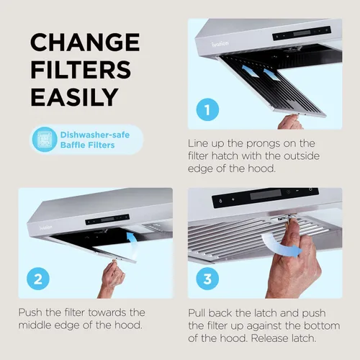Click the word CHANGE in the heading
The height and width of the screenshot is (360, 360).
(85, 42)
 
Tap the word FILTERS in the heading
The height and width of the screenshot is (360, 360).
(81, 70)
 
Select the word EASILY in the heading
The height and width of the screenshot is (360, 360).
(74, 97)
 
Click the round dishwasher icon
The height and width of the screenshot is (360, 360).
(45, 140)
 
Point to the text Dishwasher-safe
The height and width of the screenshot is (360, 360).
(95, 135)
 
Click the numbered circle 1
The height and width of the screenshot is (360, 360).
(207, 109)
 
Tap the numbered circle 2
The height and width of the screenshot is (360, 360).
(38, 279)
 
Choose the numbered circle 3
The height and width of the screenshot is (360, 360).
(207, 279)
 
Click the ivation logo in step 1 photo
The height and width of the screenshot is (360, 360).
(220, 44)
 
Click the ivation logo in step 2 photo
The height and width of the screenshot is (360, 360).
(45, 227)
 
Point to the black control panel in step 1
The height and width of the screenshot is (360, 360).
(302, 33)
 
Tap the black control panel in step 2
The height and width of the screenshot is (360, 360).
(107, 220)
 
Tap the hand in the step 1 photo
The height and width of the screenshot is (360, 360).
(290, 122)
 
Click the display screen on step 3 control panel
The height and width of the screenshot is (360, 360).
(266, 194)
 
